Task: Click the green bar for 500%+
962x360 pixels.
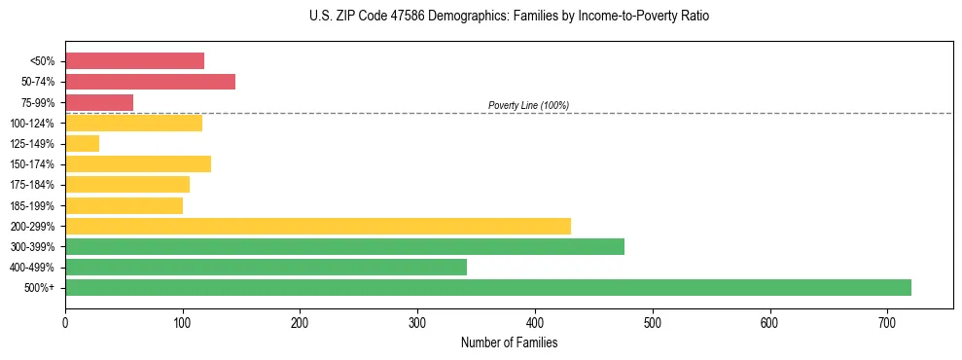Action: pyautogui.click(x=487, y=287)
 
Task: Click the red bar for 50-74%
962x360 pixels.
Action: pyautogui.click(x=150, y=82)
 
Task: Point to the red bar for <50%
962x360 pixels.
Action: pyautogui.click(x=134, y=61)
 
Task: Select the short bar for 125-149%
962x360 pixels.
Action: pyautogui.click(x=82, y=144)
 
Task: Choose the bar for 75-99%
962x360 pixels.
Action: pyautogui.click(x=98, y=102)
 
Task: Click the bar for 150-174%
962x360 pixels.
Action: pyautogui.click(x=137, y=163)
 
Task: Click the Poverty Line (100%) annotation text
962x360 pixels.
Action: pyautogui.click(x=528, y=105)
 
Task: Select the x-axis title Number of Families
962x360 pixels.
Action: pyautogui.click(x=509, y=342)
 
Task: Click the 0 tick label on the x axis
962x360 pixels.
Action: pyautogui.click(x=65, y=322)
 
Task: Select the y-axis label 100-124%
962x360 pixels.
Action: pyautogui.click(x=32, y=124)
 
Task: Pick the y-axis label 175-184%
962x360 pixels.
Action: pyautogui.click(x=32, y=185)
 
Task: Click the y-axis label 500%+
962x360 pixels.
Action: pyautogui.click(x=40, y=288)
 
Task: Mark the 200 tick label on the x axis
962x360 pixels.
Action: pyautogui.click(x=300, y=322)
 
